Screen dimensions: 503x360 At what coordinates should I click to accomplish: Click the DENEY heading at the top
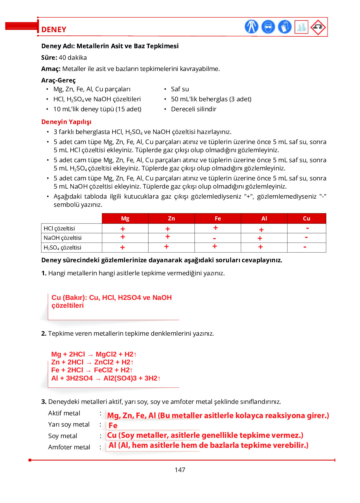coord(54,29)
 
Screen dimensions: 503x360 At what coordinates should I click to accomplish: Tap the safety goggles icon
coord(268,27)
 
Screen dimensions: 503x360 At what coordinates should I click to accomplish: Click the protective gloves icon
coord(284,27)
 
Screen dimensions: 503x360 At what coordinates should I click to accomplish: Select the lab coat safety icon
coord(251,27)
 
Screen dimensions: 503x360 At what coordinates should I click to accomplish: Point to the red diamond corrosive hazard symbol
coord(318,27)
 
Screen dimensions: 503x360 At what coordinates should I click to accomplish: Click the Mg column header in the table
coord(125,219)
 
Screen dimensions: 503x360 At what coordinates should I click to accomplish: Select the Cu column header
coord(306,219)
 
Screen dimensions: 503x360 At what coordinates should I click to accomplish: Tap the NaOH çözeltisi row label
coord(63,238)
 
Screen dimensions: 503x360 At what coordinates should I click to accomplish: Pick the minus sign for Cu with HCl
coord(307,228)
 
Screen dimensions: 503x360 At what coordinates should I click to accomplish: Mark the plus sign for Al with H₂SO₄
coord(260,247)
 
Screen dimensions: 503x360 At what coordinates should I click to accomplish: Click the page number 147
coord(180,470)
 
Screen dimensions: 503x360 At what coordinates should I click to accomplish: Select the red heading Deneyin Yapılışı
coord(66,122)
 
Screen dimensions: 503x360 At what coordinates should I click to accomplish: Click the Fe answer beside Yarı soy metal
coord(113,426)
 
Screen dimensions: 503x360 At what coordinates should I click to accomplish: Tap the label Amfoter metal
coord(69,447)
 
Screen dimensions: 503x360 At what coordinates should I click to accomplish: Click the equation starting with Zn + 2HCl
coord(92,362)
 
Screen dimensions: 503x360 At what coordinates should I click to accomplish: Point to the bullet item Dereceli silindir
coord(193,109)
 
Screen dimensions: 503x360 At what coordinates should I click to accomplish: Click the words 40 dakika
coord(73,58)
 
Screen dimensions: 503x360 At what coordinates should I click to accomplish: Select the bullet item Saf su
coord(180,89)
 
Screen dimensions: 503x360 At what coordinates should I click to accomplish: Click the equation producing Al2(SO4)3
coord(106,378)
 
